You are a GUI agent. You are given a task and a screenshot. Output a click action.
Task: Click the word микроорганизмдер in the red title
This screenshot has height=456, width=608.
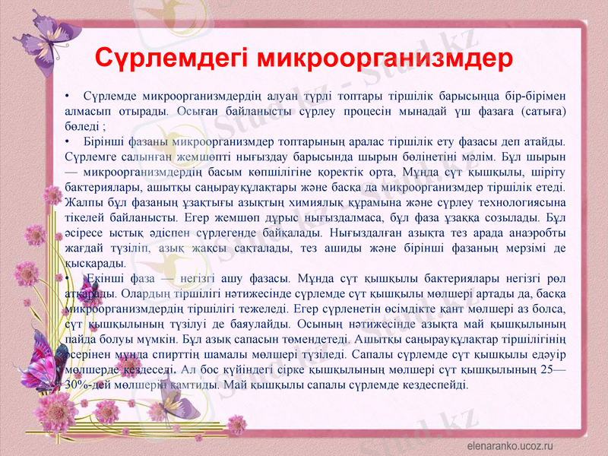pos(385,59)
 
